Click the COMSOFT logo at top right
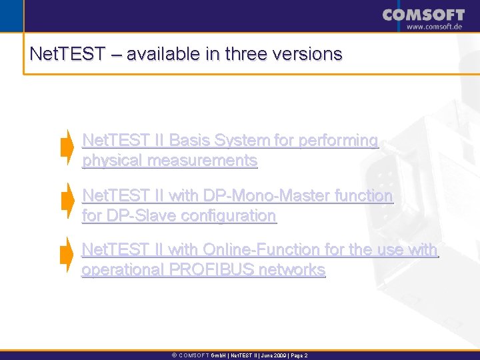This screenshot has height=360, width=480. click(423, 15)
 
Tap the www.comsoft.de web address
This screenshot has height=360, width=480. click(435, 27)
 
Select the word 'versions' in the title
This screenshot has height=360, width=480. click(312, 54)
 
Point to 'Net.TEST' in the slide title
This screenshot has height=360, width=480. click(67, 54)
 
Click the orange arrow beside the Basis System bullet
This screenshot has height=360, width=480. click(67, 147)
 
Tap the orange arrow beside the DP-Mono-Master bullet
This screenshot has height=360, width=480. click(67, 201)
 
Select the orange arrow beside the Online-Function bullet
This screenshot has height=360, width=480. click(67, 255)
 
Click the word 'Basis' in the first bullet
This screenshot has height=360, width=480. click(189, 141)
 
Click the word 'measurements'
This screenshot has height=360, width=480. click(202, 161)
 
